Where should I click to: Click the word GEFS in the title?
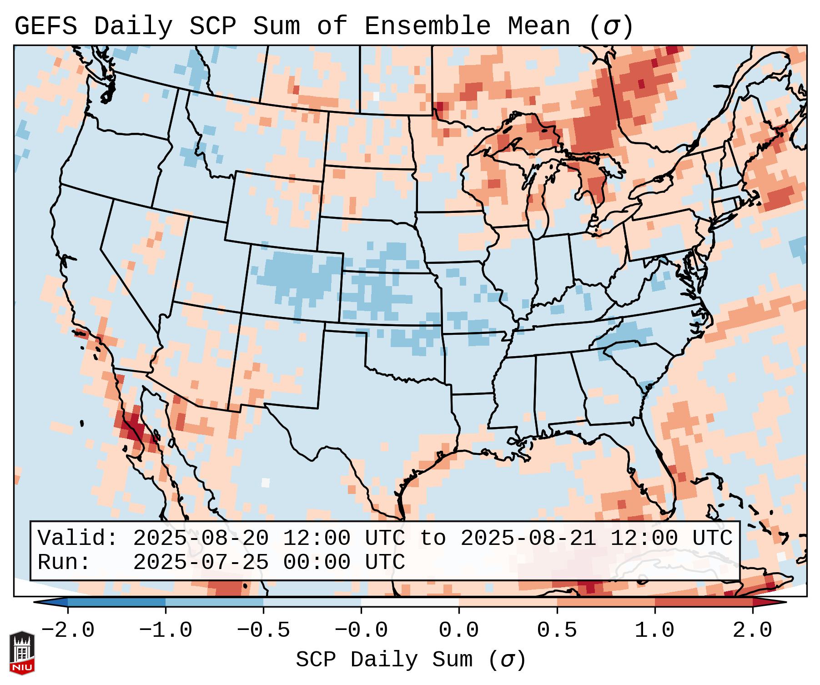[x=45, y=26]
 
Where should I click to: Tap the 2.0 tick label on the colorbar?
[x=752, y=630]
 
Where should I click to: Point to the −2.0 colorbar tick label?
[x=68, y=630]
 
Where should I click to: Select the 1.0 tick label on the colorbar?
[x=654, y=630]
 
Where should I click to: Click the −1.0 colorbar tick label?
[x=166, y=630]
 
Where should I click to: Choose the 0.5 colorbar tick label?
[x=557, y=630]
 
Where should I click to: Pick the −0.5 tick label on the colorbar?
[x=263, y=630]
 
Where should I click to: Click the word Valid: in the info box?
[x=78, y=539]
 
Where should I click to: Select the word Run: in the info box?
[x=64, y=563]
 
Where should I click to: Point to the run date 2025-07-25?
[x=201, y=563]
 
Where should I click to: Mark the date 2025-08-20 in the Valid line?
[x=201, y=539]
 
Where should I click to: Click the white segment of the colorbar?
[x=410, y=602]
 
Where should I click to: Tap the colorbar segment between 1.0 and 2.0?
[x=703, y=602]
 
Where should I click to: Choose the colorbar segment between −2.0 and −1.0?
[x=116, y=602]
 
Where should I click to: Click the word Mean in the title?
[x=538, y=26]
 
